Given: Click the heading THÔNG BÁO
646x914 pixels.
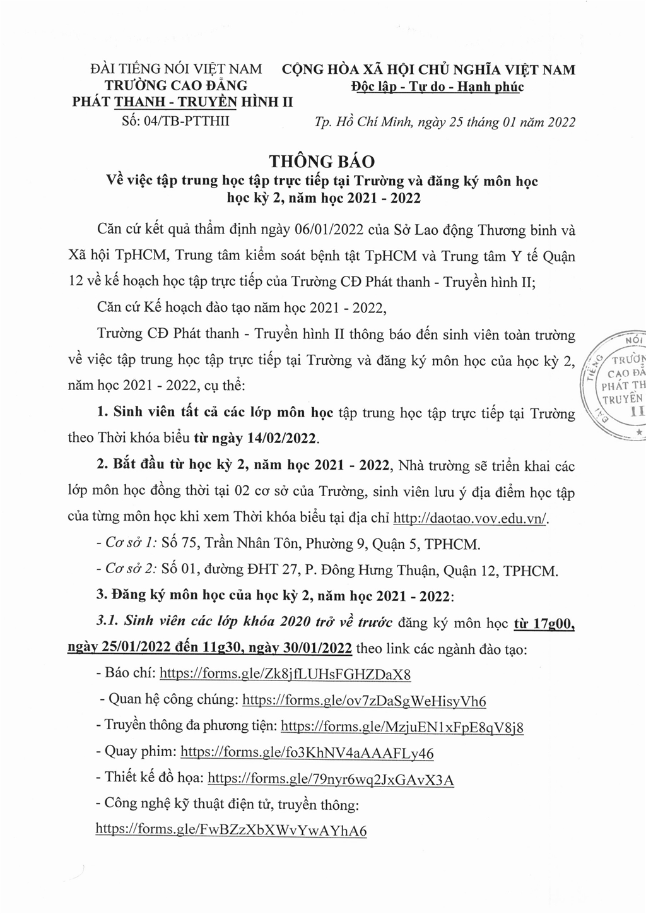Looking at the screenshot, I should pos(323,161).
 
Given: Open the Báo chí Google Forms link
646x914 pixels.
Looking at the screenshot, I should pos(285,674).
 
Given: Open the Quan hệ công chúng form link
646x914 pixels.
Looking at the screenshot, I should pos(364,700).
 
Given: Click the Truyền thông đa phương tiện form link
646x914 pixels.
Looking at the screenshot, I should pos(402,727).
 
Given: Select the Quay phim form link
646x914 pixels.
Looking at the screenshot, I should pos(307,752).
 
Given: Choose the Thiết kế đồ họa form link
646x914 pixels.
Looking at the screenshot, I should pos(331,779).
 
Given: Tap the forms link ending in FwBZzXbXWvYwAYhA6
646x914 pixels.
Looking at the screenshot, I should pos(231,829).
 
